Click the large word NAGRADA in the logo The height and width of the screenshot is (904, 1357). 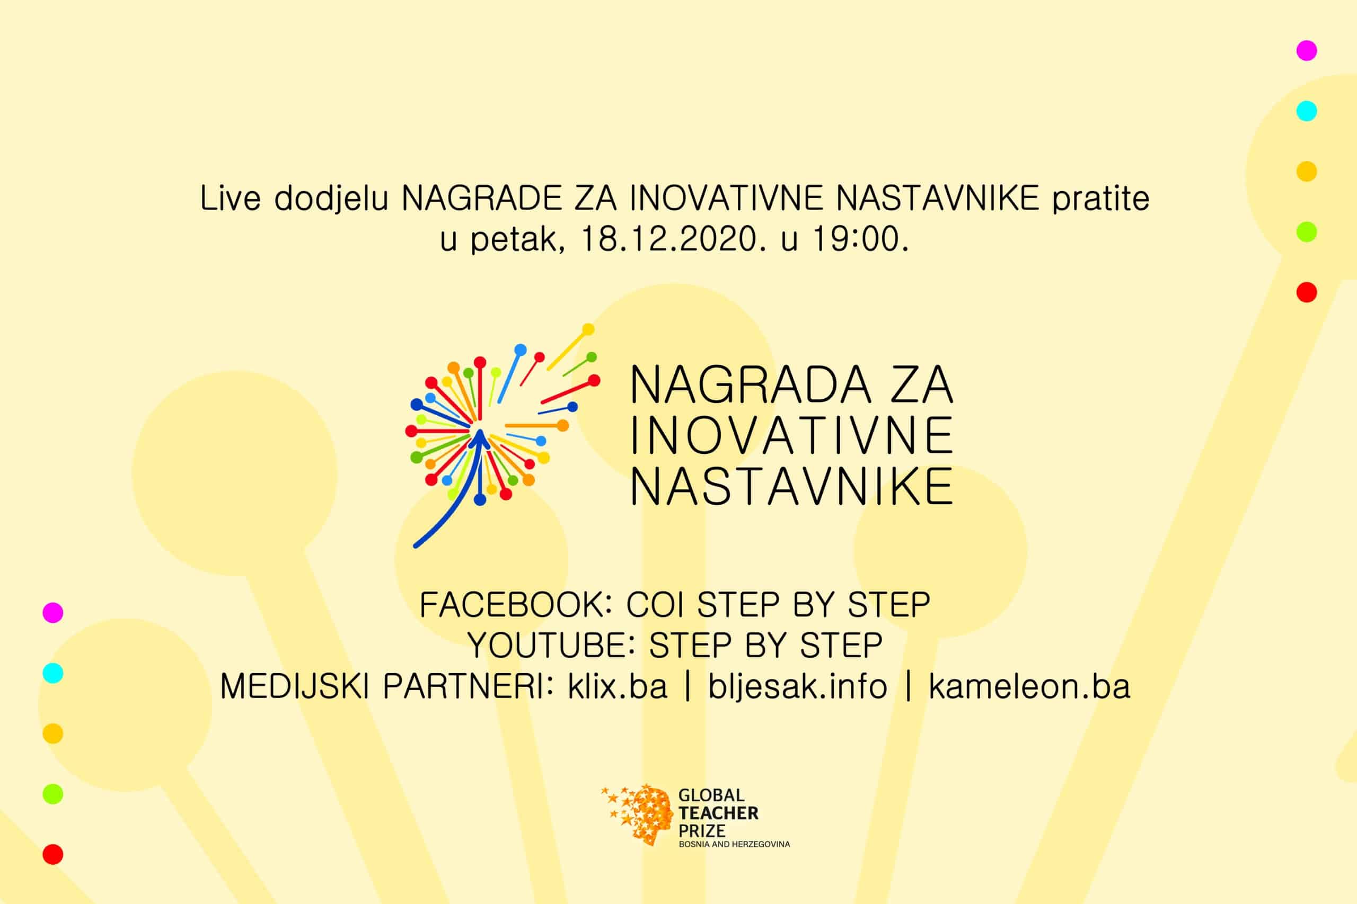pyautogui.click(x=750, y=384)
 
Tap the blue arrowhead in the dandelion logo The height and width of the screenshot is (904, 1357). pyautogui.click(x=479, y=438)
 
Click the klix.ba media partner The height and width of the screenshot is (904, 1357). pyautogui.click(x=618, y=687)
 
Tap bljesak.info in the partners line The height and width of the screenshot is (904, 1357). pyautogui.click(x=797, y=687)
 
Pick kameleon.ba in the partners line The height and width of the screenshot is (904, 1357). pyautogui.click(x=1029, y=687)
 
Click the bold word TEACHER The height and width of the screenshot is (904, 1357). pyautogui.click(x=718, y=813)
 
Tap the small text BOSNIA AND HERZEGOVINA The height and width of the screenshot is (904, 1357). pyautogui.click(x=735, y=844)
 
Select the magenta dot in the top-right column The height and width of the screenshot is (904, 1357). pyautogui.click(x=1307, y=51)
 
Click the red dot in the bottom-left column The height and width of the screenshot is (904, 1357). pyautogui.click(x=53, y=854)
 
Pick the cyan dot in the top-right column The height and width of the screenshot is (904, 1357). pyautogui.click(x=1307, y=111)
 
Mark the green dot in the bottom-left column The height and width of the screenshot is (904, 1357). pyautogui.click(x=53, y=794)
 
